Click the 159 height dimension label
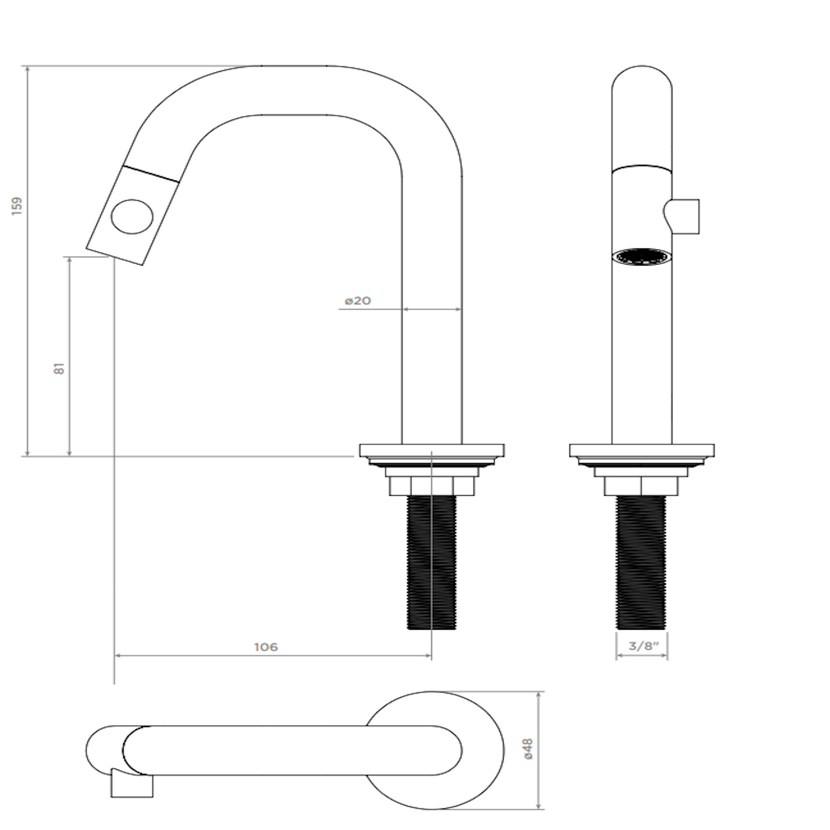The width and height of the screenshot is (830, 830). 18,205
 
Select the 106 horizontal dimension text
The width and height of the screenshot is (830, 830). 266,647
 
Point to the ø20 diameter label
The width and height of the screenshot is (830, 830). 358,301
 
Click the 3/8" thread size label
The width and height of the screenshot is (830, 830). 641,646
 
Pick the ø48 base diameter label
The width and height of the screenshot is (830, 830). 528,749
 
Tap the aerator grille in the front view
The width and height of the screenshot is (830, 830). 642,257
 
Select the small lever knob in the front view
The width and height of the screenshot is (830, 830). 682,216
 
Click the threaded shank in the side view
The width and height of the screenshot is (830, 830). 432,562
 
